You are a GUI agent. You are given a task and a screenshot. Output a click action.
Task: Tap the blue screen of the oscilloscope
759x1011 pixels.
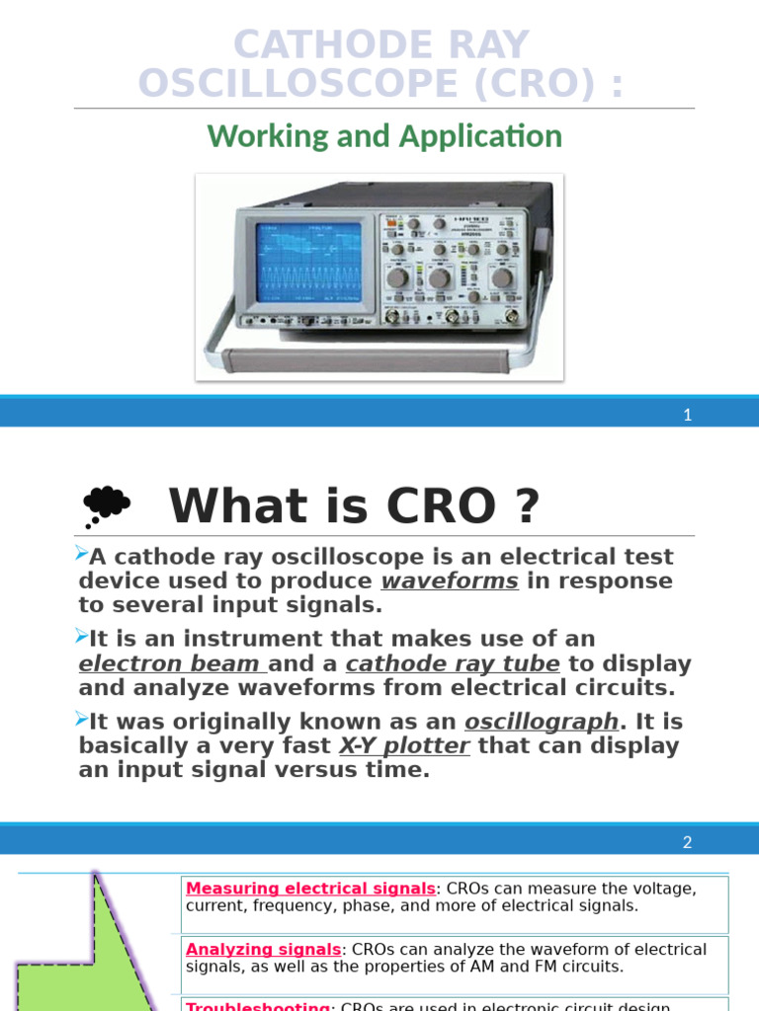pyautogui.click(x=307, y=262)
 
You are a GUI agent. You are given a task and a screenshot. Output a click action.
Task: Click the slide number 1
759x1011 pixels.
pyautogui.click(x=688, y=415)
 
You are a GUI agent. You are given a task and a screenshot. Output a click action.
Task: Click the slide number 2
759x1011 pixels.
pyautogui.click(x=688, y=842)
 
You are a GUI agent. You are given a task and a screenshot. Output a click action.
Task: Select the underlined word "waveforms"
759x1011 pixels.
pyautogui.click(x=450, y=581)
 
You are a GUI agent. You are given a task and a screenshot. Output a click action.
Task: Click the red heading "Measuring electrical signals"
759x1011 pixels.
pyautogui.click(x=310, y=888)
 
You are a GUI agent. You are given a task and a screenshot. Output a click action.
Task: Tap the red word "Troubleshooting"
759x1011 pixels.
pyautogui.click(x=258, y=1006)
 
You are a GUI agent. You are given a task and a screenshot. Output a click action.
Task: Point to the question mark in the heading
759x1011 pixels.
pyautogui.click(x=528, y=506)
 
